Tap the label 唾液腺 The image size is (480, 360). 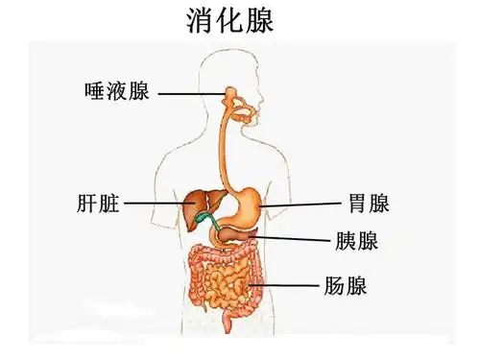click(117, 93)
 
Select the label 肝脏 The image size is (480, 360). click(97, 204)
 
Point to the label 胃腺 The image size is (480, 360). click(368, 204)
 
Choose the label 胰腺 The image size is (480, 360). click(356, 239)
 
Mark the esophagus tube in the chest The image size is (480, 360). click(227, 144)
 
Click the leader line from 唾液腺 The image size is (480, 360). click(191, 94)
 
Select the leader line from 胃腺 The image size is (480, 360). click(302, 204)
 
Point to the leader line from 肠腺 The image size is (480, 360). click(288, 285)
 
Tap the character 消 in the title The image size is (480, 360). click(200, 22)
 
